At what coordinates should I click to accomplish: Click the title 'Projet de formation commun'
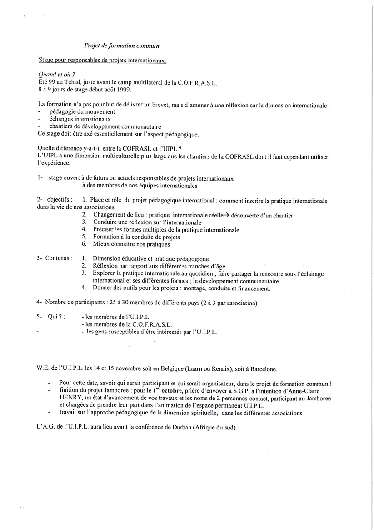122,46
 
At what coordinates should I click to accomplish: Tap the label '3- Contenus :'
54,258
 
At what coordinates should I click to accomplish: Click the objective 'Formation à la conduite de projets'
136,237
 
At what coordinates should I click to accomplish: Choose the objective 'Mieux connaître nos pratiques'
132,244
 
